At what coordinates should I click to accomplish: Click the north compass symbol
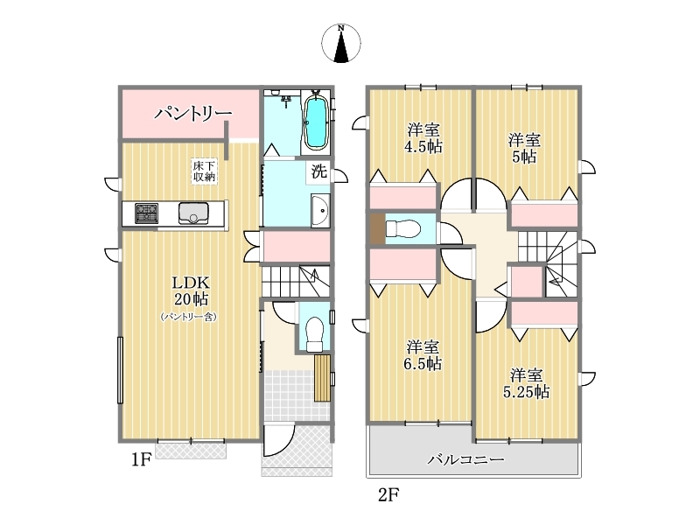click(341, 43)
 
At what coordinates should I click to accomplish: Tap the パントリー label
click(192, 114)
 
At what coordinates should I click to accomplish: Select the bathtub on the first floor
click(316, 122)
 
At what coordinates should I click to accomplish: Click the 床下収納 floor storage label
click(204, 171)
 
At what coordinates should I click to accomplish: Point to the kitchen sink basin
click(193, 213)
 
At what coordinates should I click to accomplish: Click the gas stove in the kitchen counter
click(146, 213)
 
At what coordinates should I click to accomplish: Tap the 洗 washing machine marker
click(318, 171)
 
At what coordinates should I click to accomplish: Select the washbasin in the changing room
click(320, 211)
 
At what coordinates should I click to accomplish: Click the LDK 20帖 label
click(191, 290)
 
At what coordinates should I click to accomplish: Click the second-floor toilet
click(402, 229)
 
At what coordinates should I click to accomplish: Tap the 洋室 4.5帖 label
click(423, 138)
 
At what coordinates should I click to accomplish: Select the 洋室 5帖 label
click(524, 149)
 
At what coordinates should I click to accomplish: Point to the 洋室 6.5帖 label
click(423, 356)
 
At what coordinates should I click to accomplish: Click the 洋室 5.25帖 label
click(527, 383)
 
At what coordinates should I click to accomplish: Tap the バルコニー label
click(466, 459)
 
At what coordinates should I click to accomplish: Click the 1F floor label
click(142, 459)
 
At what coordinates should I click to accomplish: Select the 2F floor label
click(388, 494)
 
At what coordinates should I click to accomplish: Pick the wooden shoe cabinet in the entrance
click(322, 378)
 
